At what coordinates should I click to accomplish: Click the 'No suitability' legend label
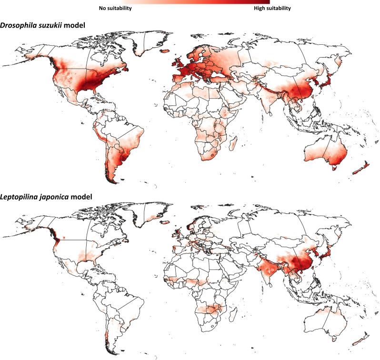point(115,8)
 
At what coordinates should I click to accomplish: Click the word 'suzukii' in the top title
point(47,25)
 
